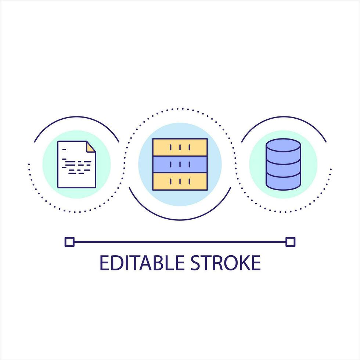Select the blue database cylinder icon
283,164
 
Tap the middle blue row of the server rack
180,164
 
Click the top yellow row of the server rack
180,147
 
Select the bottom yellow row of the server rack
180,181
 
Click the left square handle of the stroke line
69,242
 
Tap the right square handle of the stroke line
290,242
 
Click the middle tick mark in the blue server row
180,164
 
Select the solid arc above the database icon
283,117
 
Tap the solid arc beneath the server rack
180,219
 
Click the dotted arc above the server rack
180,109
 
